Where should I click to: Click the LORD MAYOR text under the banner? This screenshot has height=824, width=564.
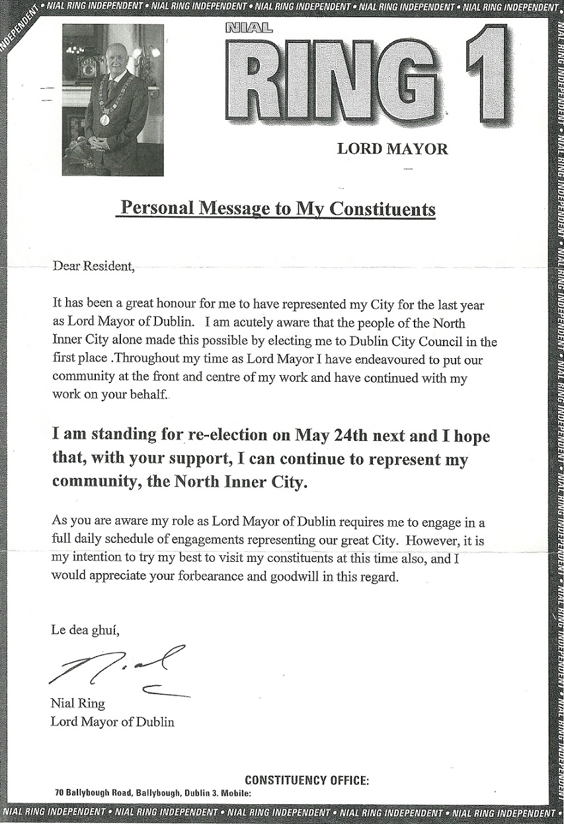pos(392,148)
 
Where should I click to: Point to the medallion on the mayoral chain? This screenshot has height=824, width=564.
pos(104,119)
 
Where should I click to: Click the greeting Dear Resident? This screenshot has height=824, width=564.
pos(93,267)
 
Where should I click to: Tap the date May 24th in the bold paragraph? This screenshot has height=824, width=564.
pos(314,436)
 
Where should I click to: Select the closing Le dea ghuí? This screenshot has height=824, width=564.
pos(85,629)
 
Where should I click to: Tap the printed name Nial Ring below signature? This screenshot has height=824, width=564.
pos(77,703)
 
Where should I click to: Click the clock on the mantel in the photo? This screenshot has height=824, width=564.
pos(87,66)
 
